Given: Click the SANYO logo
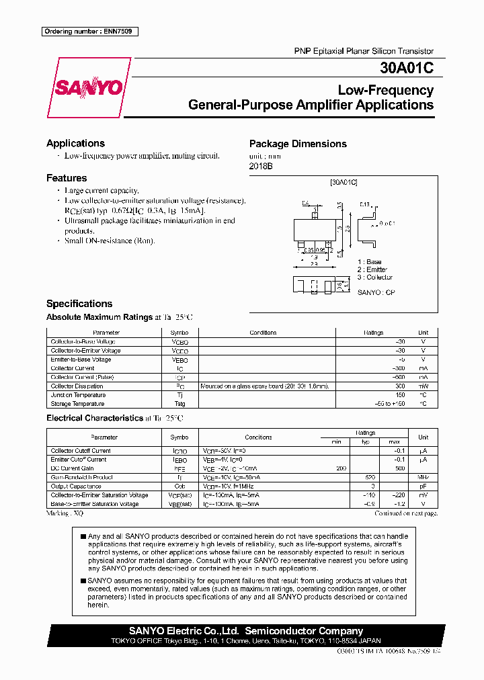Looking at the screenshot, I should pyautogui.click(x=89, y=88).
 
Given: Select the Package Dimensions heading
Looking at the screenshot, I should pyautogui.click(x=298, y=144).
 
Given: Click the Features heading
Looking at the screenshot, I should pyautogui.click(x=67, y=178).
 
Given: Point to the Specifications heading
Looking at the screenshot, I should pyautogui.click(x=79, y=304).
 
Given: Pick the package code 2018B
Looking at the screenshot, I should pyautogui.click(x=261, y=166).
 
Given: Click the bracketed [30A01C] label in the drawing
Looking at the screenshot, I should pyautogui.click(x=344, y=183).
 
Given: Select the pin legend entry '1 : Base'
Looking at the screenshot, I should pyautogui.click(x=370, y=261).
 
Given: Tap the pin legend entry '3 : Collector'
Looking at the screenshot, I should pyautogui.click(x=375, y=277).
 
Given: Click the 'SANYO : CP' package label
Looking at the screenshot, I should pyautogui.click(x=376, y=293).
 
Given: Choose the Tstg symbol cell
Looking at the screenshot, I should pyautogui.click(x=179, y=404).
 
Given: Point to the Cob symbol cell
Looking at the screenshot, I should pyautogui.click(x=179, y=486).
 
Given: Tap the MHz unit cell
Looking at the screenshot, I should pyautogui.click(x=423, y=477).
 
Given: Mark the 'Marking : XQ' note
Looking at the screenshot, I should pyautogui.click(x=65, y=513).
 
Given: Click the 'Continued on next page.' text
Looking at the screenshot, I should pyautogui.click(x=405, y=513).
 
